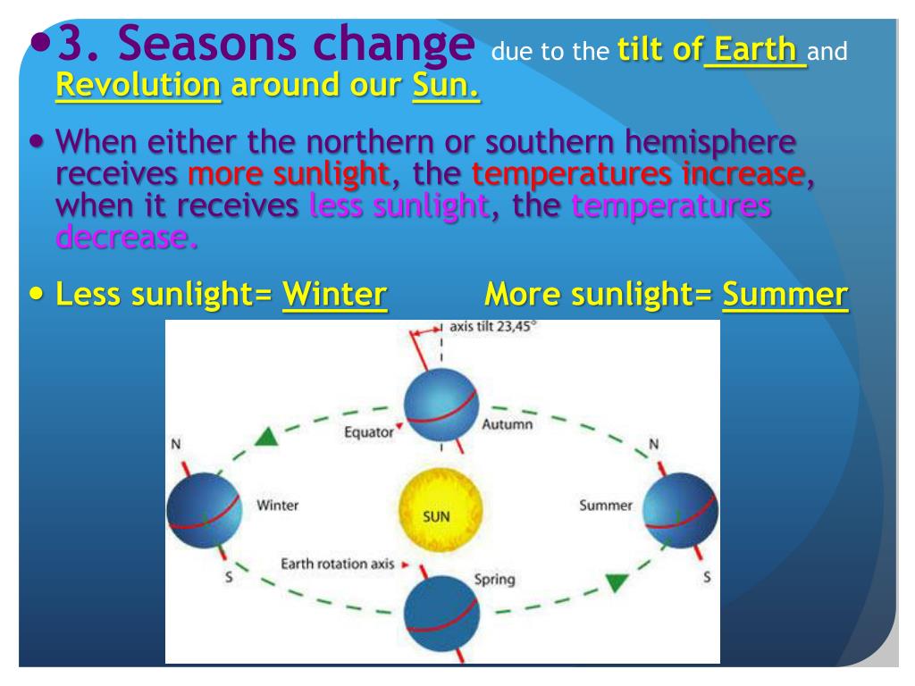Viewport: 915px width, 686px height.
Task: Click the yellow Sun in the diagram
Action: pyautogui.click(x=441, y=510)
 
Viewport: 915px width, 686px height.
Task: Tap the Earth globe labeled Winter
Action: pyautogui.click(x=204, y=510)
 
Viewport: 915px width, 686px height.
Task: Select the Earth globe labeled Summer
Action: pyautogui.click(x=680, y=510)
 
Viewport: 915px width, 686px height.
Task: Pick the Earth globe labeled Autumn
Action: pyautogui.click(x=441, y=406)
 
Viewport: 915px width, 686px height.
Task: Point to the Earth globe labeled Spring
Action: pyautogui.click(x=441, y=613)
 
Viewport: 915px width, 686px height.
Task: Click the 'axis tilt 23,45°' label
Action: pyautogui.click(x=492, y=327)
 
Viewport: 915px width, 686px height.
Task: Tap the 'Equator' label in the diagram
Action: pyautogui.click(x=369, y=432)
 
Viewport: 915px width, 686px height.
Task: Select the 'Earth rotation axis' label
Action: pyautogui.click(x=337, y=564)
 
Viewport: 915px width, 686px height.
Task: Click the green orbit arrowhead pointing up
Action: pyautogui.click(x=266, y=437)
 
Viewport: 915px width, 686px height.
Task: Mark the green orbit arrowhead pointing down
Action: pyautogui.click(x=617, y=582)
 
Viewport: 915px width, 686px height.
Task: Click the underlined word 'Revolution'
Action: pyautogui.click(x=139, y=85)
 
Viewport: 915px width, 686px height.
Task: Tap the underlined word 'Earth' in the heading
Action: pyautogui.click(x=755, y=49)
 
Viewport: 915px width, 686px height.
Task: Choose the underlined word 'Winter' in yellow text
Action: pyautogui.click(x=334, y=294)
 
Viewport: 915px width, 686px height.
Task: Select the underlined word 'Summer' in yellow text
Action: pyautogui.click(x=785, y=294)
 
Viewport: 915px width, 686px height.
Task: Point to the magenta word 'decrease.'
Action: pyautogui.click(x=127, y=238)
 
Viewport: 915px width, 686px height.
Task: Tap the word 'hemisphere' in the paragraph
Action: pyautogui.click(x=710, y=142)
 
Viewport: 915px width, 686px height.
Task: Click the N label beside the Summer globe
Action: pyautogui.click(x=653, y=445)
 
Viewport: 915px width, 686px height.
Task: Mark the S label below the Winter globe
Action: pyautogui.click(x=229, y=578)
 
